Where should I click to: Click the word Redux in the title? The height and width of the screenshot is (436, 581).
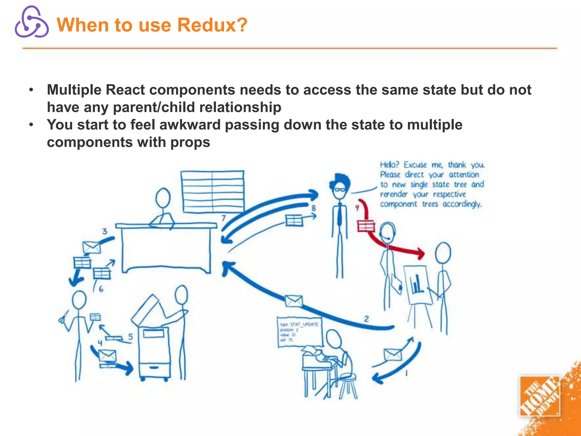coord(212,25)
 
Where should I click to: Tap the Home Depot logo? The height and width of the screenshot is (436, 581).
coord(540,396)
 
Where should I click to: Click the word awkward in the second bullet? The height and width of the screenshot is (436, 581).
coord(190,125)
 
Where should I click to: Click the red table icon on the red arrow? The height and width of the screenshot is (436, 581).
coord(366,226)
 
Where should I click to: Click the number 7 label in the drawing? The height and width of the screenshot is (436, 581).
coord(224,218)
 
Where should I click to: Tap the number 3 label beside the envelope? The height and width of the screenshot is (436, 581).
coord(105,231)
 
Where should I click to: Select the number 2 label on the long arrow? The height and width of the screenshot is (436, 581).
coord(366,319)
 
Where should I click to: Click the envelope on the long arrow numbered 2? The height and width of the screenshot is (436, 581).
coord(294,301)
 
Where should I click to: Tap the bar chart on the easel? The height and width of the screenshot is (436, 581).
coord(417,284)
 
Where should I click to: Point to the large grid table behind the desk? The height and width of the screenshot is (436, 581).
coord(212,191)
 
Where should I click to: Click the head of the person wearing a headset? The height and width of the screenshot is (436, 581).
coord(388,231)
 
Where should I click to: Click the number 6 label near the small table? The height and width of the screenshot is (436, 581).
coord(101,289)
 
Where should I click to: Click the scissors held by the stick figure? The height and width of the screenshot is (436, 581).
coord(63,318)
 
